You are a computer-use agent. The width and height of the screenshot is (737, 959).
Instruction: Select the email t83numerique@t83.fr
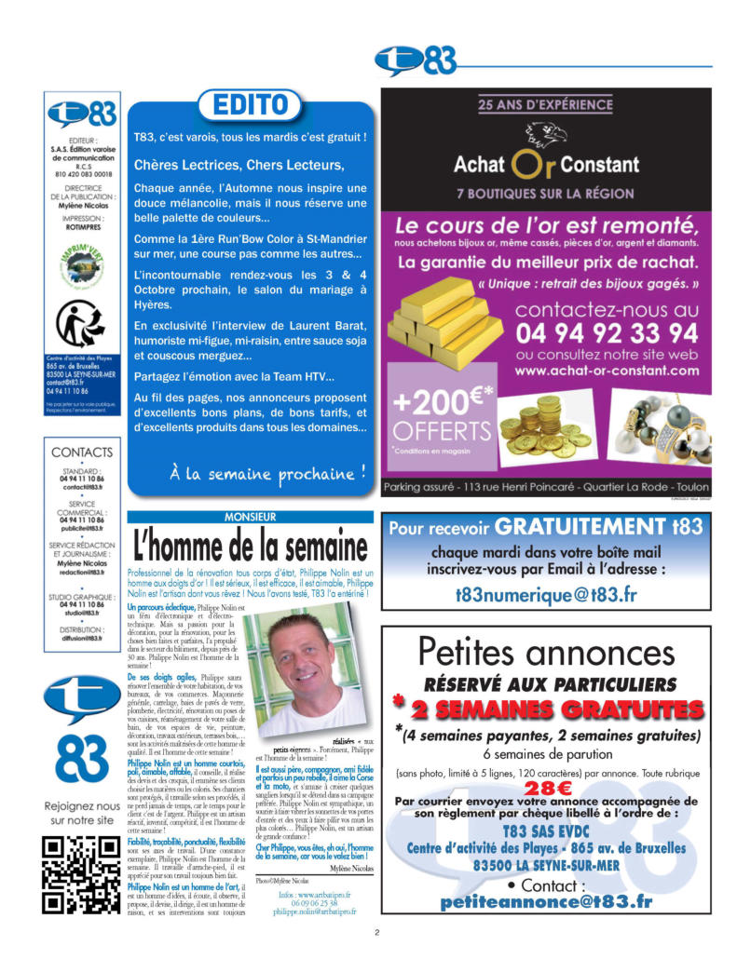[x=546, y=593]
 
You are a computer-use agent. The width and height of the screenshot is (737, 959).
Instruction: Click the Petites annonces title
[x=546, y=654]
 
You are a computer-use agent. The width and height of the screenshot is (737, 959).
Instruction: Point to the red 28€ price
[x=548, y=787]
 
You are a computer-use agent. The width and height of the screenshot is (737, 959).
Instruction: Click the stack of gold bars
[x=445, y=321]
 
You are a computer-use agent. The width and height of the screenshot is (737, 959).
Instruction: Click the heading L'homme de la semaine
[x=250, y=544]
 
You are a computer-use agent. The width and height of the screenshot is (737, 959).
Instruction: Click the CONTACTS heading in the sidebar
[x=82, y=452]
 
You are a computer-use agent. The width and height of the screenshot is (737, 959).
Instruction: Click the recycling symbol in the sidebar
[x=82, y=324]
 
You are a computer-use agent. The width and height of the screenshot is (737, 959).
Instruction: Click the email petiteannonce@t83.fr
[x=546, y=902]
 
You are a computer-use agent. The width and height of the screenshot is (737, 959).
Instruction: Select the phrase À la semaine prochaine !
[x=267, y=472]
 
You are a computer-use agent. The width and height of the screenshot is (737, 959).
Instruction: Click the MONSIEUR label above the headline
[x=250, y=517]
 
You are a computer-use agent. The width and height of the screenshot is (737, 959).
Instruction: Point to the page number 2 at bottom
[x=376, y=932]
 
